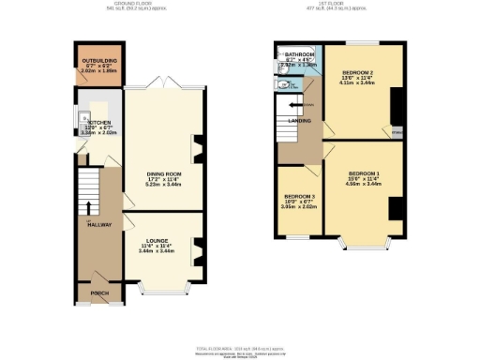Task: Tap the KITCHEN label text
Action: [99, 123]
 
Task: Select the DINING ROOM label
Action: [163, 174]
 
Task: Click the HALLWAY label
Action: [99, 226]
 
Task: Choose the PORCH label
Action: [99, 293]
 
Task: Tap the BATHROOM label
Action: [300, 55]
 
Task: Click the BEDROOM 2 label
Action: [358, 73]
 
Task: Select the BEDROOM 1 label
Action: [364, 174]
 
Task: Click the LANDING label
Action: [300, 120]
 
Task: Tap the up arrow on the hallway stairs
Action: [89, 207]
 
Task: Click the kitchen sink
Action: [84, 118]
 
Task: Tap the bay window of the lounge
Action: [164, 288]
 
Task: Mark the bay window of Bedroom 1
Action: [364, 246]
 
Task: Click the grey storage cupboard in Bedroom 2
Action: [397, 131]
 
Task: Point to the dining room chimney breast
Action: [198, 147]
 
